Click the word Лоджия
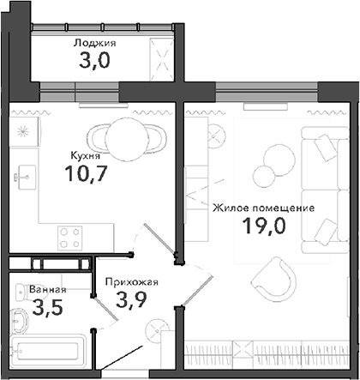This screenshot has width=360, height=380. tap(94, 42)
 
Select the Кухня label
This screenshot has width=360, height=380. tap(85, 157)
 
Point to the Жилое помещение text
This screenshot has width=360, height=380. tap(263, 208)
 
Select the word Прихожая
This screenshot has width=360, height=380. tap(130, 280)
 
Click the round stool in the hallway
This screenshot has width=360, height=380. tap(157, 331)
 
